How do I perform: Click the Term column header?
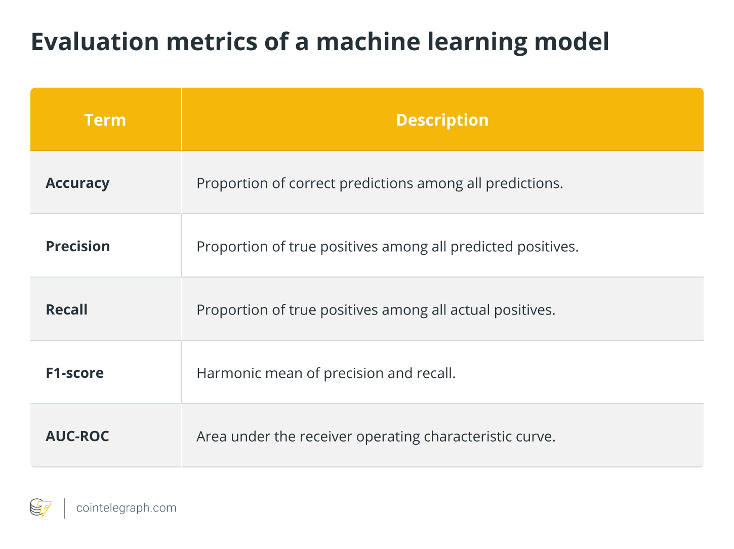105,120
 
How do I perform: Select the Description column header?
442,120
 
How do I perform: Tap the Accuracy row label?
77,183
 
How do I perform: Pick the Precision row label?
78,246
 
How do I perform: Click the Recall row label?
66,309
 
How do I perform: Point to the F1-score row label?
74,373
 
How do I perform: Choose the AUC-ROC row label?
77,436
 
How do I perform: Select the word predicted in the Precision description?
481,247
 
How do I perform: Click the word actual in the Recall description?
470,310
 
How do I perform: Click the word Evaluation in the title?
95,42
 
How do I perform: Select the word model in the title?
572,42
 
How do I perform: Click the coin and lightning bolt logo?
41,508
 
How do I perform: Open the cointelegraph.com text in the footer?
126,508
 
